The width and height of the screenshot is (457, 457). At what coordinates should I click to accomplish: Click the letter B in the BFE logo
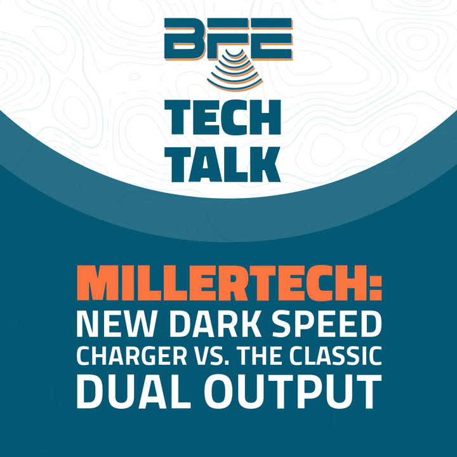pyautogui.click(x=184, y=39)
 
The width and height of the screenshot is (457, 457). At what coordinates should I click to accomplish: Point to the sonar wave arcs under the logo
pyautogui.click(x=235, y=70)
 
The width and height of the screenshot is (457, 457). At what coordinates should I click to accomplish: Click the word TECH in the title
pyautogui.click(x=223, y=117)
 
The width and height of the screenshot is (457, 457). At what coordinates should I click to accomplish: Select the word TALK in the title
pyautogui.click(x=223, y=164)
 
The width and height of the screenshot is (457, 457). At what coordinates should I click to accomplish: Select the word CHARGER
pyautogui.click(x=131, y=356)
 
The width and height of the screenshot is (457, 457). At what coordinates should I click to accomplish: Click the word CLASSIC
pyautogui.click(x=336, y=356)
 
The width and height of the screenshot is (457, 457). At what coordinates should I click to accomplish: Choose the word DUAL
pyautogui.click(x=130, y=392)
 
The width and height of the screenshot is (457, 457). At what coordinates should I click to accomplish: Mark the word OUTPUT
pyautogui.click(x=293, y=392)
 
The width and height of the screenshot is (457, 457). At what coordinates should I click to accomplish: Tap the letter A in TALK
pyautogui.click(x=206, y=164)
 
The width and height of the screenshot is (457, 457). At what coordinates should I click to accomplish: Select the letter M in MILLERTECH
pyautogui.click(x=96, y=282)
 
